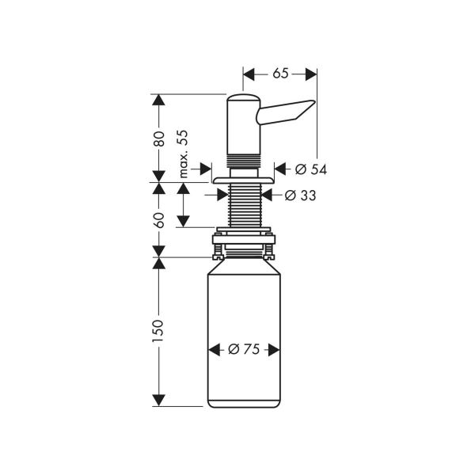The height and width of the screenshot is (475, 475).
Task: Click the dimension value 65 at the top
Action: (280, 74)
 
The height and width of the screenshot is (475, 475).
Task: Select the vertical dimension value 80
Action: (159, 139)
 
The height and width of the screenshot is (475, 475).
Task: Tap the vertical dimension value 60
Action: (159, 219)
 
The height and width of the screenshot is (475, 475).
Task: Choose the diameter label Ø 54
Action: (310, 169)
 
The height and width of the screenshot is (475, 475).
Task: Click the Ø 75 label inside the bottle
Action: (243, 349)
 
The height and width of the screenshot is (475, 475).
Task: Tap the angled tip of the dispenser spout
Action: (305, 112)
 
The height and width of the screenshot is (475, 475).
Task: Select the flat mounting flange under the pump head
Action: (243, 180)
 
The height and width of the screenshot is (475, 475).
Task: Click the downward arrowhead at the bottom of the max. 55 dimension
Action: (184, 222)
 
